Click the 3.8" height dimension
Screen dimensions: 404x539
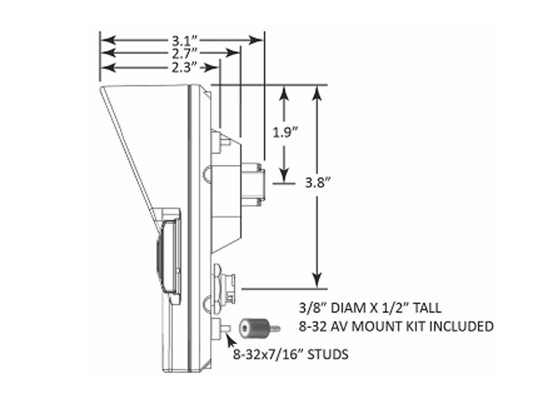tap(317, 184)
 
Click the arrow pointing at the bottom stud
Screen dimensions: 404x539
tap(231, 340)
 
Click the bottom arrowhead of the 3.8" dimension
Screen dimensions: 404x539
tap(317, 281)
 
